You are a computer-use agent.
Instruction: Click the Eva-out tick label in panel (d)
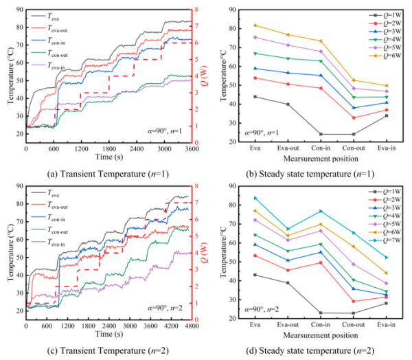point(288,326)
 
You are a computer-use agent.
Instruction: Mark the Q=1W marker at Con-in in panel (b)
point(321,134)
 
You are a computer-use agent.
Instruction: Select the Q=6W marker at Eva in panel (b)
point(255,25)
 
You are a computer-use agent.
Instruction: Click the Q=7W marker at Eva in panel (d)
point(255,198)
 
